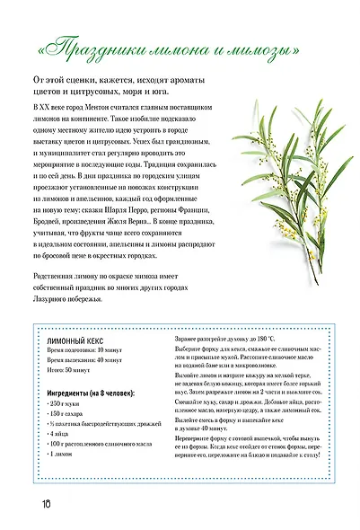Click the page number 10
[45, 499]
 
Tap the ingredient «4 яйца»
[66, 446]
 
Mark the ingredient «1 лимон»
[67, 470]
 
